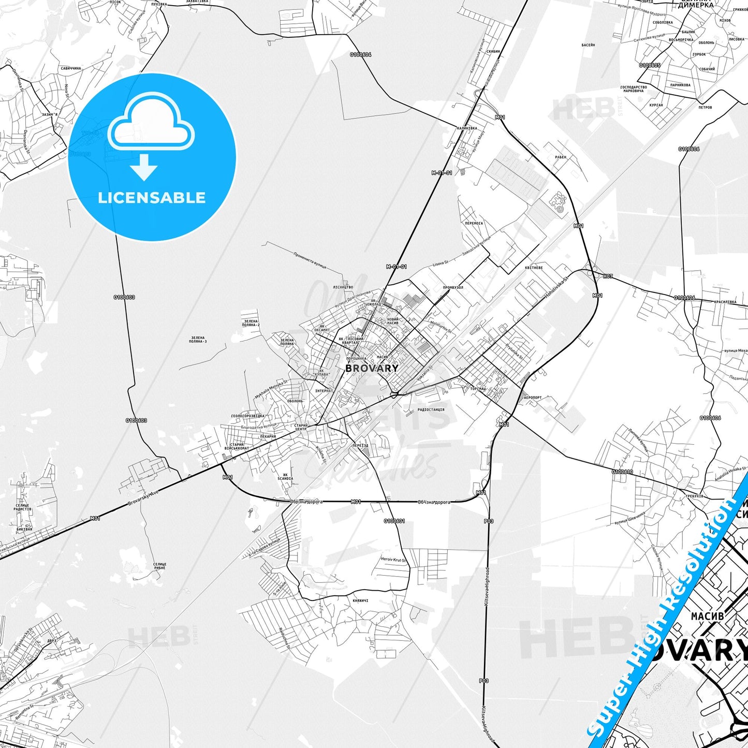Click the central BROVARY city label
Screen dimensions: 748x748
[x=372, y=368]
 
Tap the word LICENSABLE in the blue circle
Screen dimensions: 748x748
[x=152, y=198]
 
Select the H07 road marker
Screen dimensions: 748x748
[x=608, y=276]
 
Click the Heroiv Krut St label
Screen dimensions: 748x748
[x=394, y=560]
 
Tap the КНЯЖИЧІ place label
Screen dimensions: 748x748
[x=360, y=600]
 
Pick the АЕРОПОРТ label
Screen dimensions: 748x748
[x=533, y=398]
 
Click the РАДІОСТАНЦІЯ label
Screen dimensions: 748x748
[x=431, y=409]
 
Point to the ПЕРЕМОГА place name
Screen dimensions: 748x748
[x=474, y=224]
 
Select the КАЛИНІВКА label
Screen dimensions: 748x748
[x=466, y=127]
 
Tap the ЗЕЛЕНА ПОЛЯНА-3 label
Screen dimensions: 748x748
[x=198, y=340]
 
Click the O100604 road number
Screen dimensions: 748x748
[x=360, y=54]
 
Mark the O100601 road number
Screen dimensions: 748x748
[x=394, y=521]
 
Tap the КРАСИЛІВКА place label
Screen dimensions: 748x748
[x=725, y=302]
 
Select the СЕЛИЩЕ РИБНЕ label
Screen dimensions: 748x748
[x=160, y=566]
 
